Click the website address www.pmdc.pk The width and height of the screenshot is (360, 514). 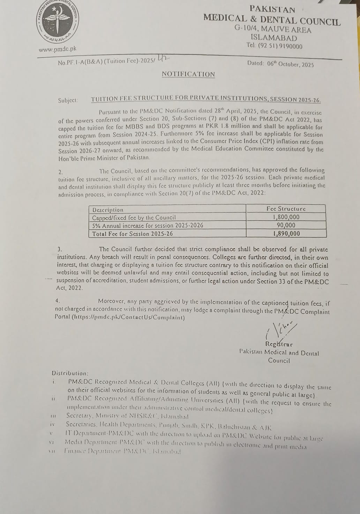tap(58, 50)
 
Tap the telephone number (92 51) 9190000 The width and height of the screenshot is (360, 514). tap(280, 46)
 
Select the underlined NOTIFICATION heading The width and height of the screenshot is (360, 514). tap(188, 74)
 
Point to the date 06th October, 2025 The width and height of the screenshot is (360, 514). tap(290, 64)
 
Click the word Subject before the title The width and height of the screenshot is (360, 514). tap(68, 100)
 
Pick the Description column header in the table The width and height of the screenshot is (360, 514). tap(108, 210)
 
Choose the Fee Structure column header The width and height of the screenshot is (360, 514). tap(286, 209)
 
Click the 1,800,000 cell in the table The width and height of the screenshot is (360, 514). tap(286, 217)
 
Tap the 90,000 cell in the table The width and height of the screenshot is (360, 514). tap(286, 225)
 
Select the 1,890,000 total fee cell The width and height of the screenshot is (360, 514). tap(286, 233)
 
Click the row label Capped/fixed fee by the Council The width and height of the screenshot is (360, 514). tap(134, 217)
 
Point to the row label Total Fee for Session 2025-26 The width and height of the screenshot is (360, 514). tap(133, 234)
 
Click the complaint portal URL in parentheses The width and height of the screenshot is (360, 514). tap(128, 318)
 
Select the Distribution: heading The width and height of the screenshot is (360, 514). tap(70, 373)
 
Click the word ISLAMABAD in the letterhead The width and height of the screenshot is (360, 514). tap(274, 38)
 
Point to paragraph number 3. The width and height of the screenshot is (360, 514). tap(60, 249)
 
